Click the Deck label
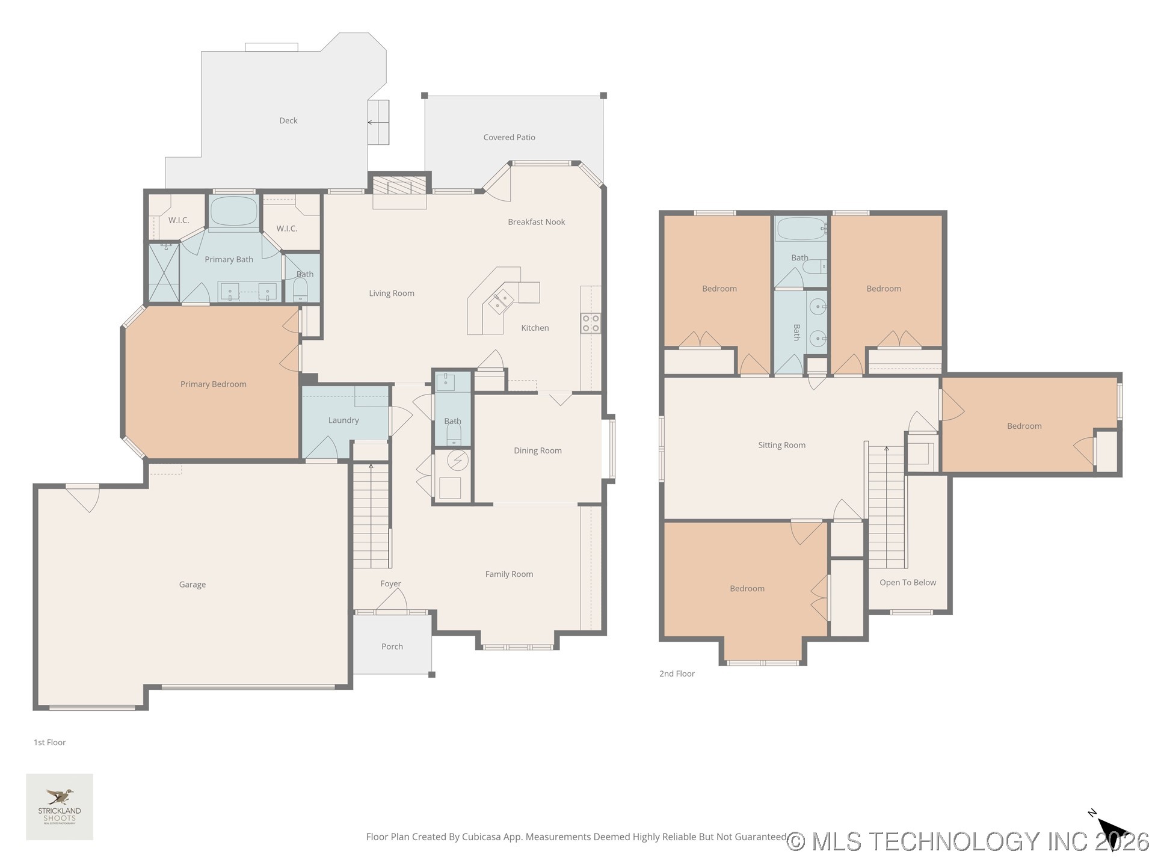click(x=288, y=121)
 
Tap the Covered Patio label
click(x=509, y=138)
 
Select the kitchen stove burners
click(x=590, y=323)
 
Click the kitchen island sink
click(x=502, y=301)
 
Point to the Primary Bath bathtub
click(x=233, y=211)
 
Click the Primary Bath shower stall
click(x=164, y=272)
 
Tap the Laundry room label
click(x=343, y=420)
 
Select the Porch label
click(x=392, y=646)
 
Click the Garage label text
click(x=192, y=585)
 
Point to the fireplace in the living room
click(x=399, y=186)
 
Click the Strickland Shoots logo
click(x=60, y=806)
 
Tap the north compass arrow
click(x=1113, y=833)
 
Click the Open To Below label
click(x=907, y=583)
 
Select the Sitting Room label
click(x=781, y=446)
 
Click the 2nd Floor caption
click(x=677, y=674)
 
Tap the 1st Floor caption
click(x=50, y=743)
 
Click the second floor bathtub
click(x=801, y=229)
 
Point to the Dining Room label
click(x=537, y=451)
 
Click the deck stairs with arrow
click(x=378, y=122)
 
